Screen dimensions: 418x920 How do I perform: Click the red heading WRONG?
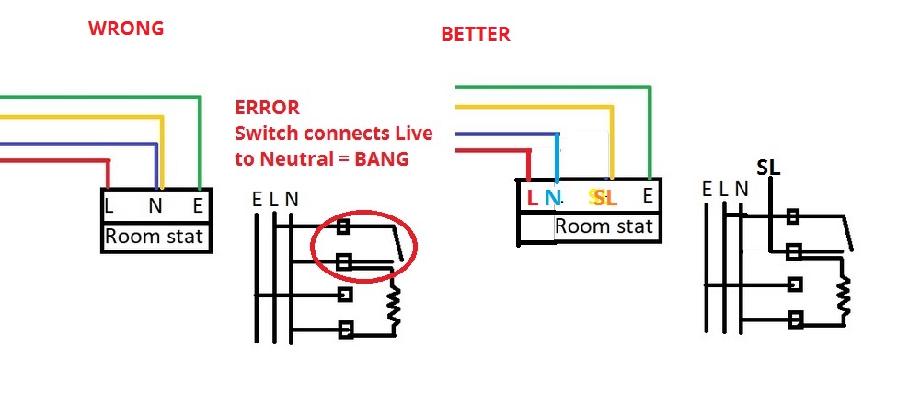tap(125, 29)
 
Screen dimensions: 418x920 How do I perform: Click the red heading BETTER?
tap(475, 35)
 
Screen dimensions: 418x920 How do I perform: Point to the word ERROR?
tap(267, 108)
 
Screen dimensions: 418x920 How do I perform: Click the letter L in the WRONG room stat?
tap(109, 206)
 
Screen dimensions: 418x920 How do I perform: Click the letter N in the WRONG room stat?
tap(155, 206)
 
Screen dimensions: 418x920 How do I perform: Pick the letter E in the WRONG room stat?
tap(199, 206)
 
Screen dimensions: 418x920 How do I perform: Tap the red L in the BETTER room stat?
tap(532, 196)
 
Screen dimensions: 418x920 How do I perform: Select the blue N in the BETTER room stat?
tap(552, 196)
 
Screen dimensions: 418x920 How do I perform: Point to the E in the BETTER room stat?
tap(648, 195)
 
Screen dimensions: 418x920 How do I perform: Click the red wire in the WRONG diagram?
tap(55, 161)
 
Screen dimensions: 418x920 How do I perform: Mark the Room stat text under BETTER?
tap(604, 226)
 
